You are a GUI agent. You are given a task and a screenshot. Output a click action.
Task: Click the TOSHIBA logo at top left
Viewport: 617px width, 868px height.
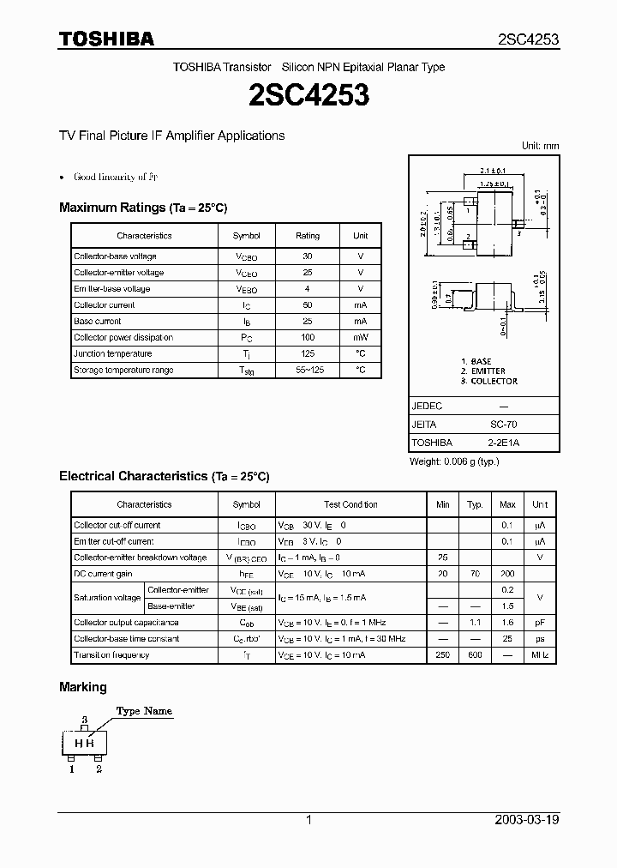tap(106, 39)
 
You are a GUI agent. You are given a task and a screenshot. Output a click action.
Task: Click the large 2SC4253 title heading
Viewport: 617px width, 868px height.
tap(308, 95)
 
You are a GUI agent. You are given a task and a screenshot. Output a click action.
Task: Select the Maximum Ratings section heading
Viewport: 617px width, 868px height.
tap(143, 208)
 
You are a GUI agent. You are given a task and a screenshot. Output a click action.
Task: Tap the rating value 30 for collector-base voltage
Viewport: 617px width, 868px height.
tap(308, 256)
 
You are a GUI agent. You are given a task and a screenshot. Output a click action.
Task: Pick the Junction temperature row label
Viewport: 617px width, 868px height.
tap(112, 353)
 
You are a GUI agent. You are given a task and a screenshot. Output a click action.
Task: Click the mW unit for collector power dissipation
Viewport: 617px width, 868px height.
tap(360, 337)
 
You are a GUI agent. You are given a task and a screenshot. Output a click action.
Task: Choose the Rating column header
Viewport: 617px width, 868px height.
tap(308, 235)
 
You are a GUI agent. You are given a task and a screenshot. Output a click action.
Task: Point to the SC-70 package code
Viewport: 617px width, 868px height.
tap(503, 425)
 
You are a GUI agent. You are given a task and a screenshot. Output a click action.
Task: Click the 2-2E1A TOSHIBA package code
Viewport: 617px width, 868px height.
tap(503, 443)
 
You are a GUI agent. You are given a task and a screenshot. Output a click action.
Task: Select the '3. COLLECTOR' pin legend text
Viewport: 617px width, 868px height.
tap(488, 381)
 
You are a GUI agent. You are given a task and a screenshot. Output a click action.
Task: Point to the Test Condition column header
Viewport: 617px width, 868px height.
tap(350, 504)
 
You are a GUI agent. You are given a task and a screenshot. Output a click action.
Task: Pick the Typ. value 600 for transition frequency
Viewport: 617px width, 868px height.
tap(475, 655)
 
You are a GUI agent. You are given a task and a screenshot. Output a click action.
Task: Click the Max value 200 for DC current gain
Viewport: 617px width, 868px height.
tap(507, 574)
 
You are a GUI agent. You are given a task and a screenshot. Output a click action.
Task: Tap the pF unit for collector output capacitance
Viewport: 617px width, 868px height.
tap(540, 623)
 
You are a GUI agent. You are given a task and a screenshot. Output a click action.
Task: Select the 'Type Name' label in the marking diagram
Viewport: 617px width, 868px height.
tap(144, 711)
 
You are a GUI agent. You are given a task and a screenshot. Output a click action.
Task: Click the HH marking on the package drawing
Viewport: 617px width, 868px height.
tap(84, 744)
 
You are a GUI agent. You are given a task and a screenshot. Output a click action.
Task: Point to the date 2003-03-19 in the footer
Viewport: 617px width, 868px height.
tap(527, 820)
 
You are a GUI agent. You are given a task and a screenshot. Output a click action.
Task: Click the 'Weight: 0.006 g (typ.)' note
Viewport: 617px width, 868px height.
tap(455, 461)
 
